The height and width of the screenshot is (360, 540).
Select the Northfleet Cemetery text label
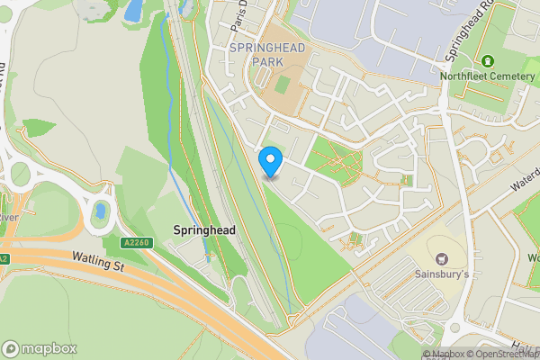[488, 76]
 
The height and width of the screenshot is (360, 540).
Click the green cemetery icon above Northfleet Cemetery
[488, 61]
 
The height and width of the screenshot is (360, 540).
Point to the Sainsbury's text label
[441, 273]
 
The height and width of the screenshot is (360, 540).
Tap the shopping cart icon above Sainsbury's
[441, 256]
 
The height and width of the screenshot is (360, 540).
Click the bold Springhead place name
[204, 230]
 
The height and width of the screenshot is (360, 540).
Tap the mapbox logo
[40, 348]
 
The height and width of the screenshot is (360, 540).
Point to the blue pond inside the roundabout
[100, 212]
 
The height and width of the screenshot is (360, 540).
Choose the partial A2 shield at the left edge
[4, 259]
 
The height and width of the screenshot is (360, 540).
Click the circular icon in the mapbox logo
[11, 349]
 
